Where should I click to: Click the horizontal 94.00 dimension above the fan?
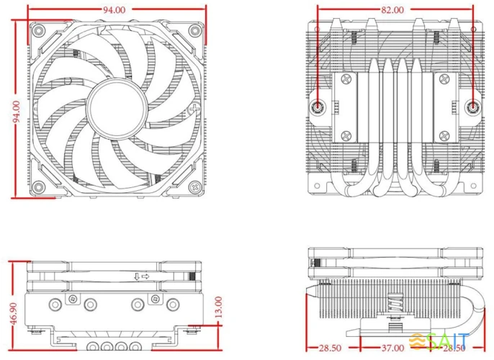114,10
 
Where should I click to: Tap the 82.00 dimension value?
392,10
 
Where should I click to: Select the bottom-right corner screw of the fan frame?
193,185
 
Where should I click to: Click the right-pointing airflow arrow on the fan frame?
145,276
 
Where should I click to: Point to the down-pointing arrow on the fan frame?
136,276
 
